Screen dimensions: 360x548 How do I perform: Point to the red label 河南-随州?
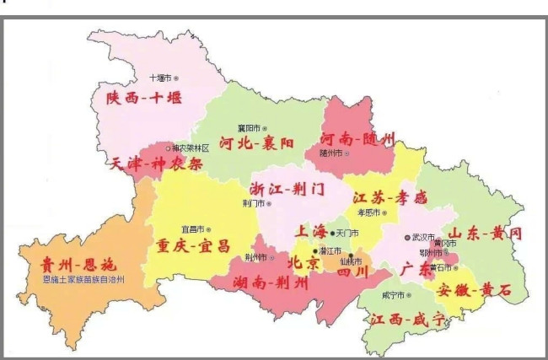point(357,137)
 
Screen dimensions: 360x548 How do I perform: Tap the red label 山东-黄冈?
point(485,233)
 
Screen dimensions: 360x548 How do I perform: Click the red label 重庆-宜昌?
point(192,246)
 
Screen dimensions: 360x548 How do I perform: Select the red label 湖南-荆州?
point(258,282)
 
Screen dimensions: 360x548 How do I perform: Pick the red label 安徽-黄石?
point(474,289)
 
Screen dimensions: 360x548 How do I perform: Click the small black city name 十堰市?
point(160,78)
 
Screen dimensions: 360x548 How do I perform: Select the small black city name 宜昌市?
point(194,228)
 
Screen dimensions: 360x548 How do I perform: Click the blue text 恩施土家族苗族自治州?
point(83,279)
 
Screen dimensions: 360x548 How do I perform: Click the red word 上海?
point(309,231)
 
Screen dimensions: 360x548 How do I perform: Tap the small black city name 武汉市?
point(424,238)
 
